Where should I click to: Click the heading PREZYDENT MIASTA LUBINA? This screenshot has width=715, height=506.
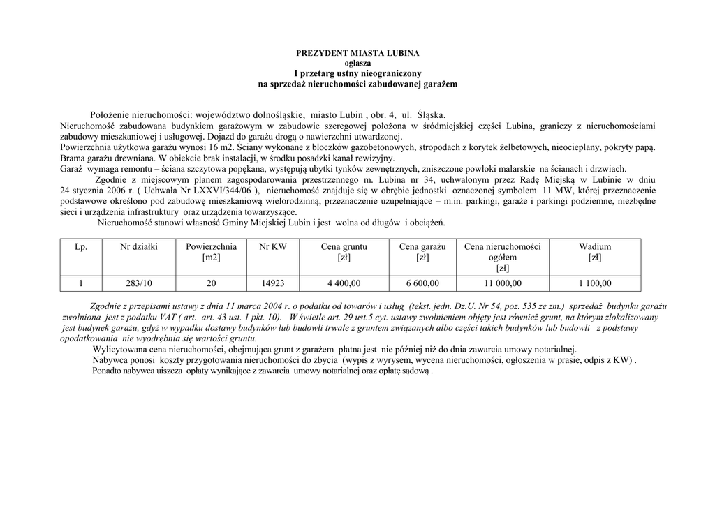pyautogui.click(x=357, y=53)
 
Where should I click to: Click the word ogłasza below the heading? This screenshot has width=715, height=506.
pyautogui.click(x=357, y=63)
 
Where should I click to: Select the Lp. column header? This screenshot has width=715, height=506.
pyautogui.click(x=81, y=246)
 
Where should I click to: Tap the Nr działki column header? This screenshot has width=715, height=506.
pyautogui.click(x=139, y=246)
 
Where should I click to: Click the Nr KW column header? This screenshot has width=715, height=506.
pyautogui.click(x=272, y=246)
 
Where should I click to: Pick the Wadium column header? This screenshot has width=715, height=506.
pyautogui.click(x=595, y=246)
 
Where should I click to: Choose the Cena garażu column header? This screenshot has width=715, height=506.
pyautogui.click(x=422, y=246)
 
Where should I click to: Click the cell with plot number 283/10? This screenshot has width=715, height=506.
pyautogui.click(x=139, y=283)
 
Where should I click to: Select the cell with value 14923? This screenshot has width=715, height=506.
pyautogui.click(x=272, y=283)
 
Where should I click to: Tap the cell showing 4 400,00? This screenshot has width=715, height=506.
pyautogui.click(x=344, y=283)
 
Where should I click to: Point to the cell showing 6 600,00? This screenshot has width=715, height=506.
pyautogui.click(x=422, y=283)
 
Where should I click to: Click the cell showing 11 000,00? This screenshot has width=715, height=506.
pyautogui.click(x=503, y=283)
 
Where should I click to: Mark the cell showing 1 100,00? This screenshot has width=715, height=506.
pyautogui.click(x=595, y=283)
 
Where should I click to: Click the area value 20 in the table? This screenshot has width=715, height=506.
pyautogui.click(x=211, y=283)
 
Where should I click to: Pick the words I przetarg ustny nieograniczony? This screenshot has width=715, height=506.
pyautogui.click(x=357, y=73)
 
